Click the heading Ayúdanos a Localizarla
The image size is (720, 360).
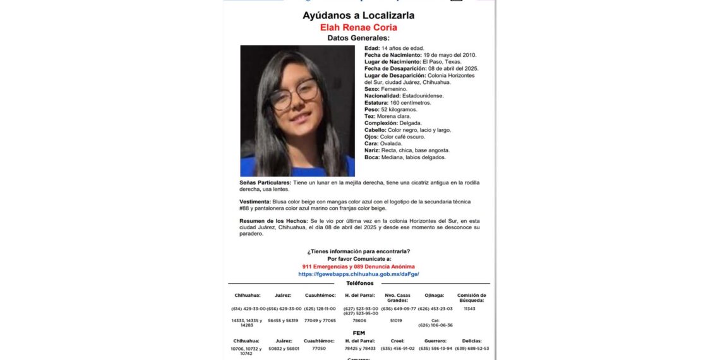pyautogui.click(x=358, y=15)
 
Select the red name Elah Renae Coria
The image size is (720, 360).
pyautogui.click(x=358, y=28)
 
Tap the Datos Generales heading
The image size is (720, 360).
pyautogui.click(x=358, y=38)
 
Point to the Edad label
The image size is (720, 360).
pyautogui.click(x=371, y=49)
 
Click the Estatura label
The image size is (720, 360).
pyautogui.click(x=376, y=103)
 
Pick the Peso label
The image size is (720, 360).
pyautogui.click(x=372, y=110)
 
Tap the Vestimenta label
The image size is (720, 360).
pyautogui.click(x=255, y=201)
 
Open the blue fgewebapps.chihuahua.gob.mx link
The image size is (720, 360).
pyautogui.click(x=358, y=274)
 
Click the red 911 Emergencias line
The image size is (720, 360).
pyautogui.click(x=358, y=267)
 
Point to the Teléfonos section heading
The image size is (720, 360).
pyautogui.click(x=359, y=283)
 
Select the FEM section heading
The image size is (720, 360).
pyautogui.click(x=359, y=333)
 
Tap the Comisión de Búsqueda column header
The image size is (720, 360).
pyautogui.click(x=471, y=298)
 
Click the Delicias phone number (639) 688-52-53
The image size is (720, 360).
pyautogui.click(x=471, y=348)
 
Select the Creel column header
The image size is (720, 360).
pyautogui.click(x=398, y=340)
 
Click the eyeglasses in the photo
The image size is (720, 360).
pyautogui.click(x=295, y=94)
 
